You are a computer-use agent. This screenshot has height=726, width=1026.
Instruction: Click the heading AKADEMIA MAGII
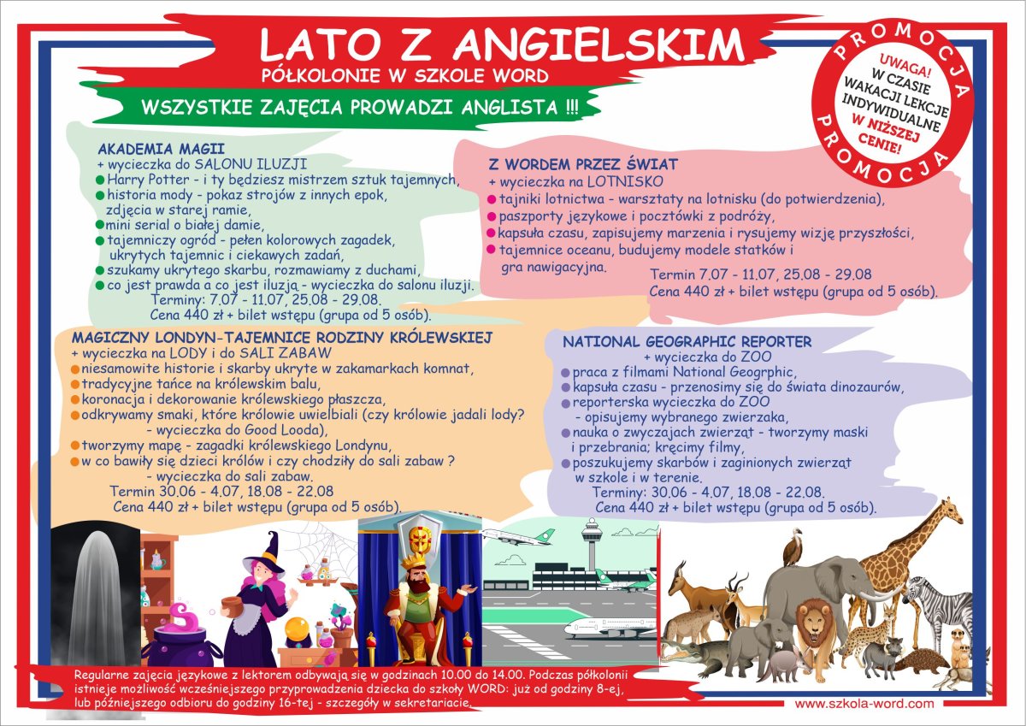tap(162, 149)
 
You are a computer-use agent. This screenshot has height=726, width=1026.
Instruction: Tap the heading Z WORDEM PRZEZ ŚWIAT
tap(583, 164)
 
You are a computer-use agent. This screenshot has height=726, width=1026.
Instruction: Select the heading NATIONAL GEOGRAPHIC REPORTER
tap(687, 341)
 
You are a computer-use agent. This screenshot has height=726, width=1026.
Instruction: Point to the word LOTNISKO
tap(625, 181)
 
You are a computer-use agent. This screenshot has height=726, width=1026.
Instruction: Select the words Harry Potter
tap(148, 179)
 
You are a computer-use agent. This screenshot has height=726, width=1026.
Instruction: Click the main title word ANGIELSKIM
tap(598, 44)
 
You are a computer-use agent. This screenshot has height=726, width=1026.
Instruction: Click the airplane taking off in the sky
tap(518, 536)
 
